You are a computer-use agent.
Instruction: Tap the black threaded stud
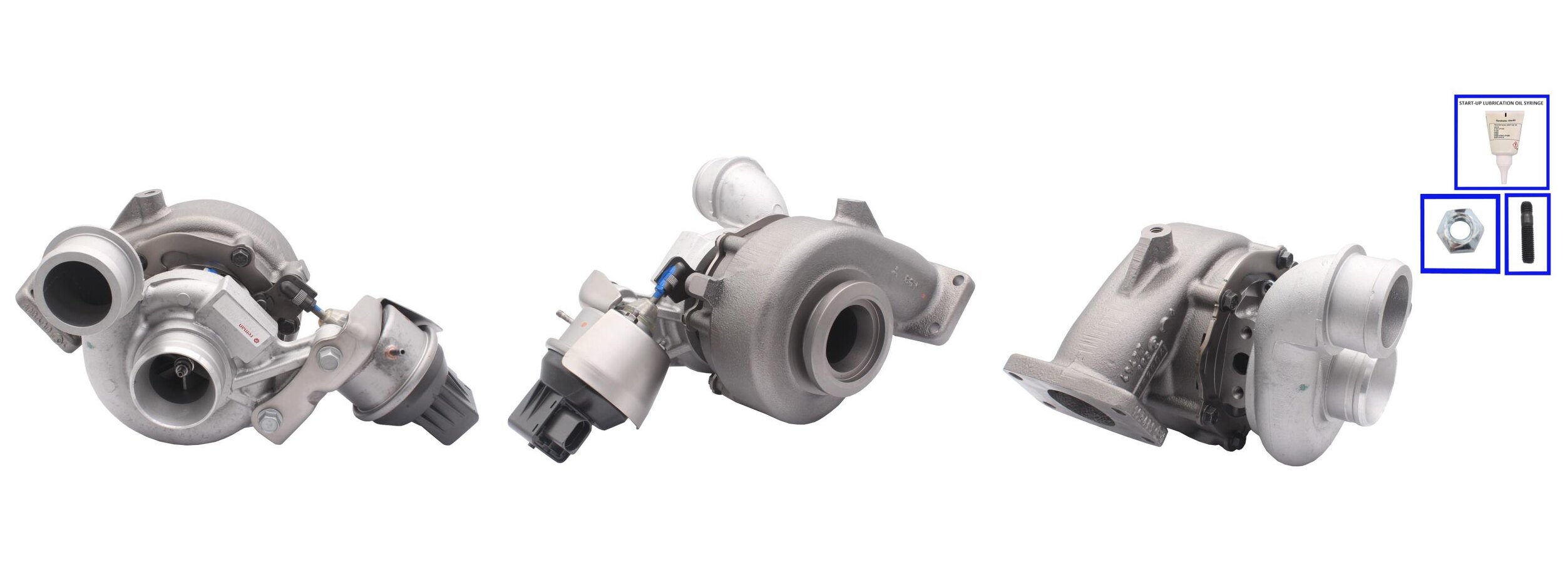1527,233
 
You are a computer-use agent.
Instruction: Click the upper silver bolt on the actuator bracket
327,357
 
